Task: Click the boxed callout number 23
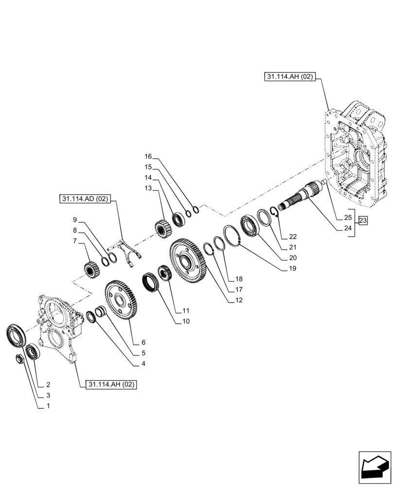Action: (x=363, y=221)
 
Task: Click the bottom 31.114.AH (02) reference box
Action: (x=111, y=384)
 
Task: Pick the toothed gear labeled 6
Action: (x=121, y=300)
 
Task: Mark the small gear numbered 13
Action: (x=162, y=228)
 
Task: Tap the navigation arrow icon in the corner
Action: (x=375, y=465)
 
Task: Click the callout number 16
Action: (x=148, y=156)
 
